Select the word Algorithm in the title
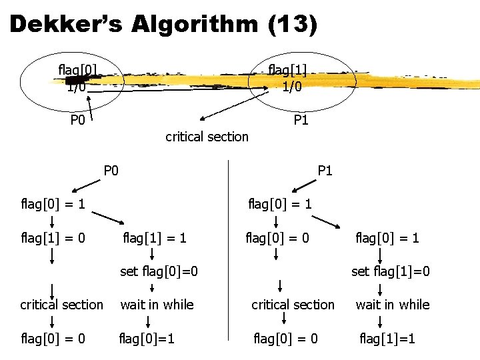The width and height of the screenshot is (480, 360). point(194,25)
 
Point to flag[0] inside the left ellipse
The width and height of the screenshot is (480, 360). point(78,69)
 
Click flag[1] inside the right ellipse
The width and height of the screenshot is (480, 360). point(287,69)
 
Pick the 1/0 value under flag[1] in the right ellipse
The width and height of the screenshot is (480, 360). point(293,86)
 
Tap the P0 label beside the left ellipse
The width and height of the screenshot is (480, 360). point(78,121)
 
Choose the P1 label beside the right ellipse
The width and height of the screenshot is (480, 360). point(301,119)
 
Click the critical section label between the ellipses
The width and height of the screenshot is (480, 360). point(207,137)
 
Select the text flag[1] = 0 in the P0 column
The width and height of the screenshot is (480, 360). point(53,237)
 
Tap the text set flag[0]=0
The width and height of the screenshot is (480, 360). point(159,271)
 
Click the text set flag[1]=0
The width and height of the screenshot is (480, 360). point(391,271)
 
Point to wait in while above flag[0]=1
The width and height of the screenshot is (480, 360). point(157,305)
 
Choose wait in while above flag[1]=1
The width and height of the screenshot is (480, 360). point(392,305)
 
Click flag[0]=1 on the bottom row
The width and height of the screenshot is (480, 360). point(147,339)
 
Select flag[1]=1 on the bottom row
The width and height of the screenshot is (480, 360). point(387,339)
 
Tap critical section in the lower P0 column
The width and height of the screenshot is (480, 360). point(61,305)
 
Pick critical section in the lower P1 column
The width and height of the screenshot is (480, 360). point(293,305)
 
